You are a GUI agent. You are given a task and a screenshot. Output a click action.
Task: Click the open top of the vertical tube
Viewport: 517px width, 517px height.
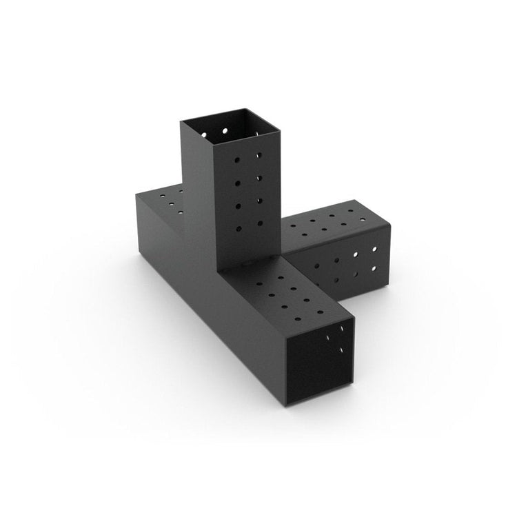click(230, 125)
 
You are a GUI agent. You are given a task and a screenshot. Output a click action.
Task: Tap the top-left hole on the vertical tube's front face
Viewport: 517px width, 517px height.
click(236, 159)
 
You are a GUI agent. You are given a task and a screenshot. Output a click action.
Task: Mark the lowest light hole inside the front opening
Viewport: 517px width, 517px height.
click(342, 350)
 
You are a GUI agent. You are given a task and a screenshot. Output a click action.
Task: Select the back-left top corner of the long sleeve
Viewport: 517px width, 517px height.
click(136, 195)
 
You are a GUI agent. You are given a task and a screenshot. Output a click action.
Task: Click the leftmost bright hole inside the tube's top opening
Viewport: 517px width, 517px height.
click(225, 130)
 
